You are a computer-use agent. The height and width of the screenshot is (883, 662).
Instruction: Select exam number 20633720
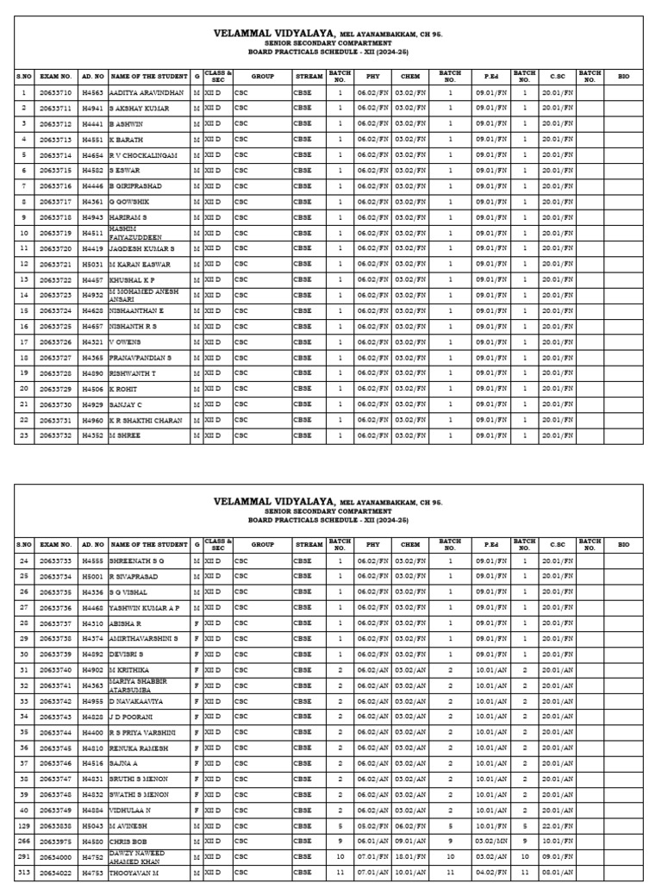54,248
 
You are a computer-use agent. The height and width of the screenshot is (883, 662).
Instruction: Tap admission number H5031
91,264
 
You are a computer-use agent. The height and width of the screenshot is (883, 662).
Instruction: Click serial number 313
24,872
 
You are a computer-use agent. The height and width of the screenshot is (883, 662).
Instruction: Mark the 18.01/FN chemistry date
410,856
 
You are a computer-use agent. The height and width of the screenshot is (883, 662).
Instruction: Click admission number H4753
91,872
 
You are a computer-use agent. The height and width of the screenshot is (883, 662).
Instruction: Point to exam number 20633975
54,841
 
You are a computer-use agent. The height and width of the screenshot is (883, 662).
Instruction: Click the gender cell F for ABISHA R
197,623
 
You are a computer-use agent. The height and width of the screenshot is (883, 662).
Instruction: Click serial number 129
24,825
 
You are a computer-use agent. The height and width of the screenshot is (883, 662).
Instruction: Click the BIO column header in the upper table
623,77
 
